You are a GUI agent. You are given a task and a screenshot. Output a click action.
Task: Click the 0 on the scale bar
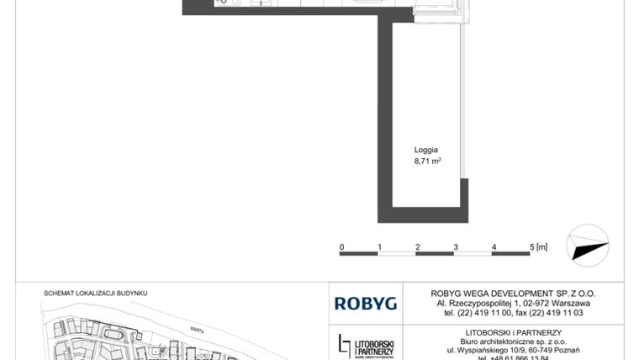[x=341, y=246]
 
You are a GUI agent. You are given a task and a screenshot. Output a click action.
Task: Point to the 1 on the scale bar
[x=380, y=246]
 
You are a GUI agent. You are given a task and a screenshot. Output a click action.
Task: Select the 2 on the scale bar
[x=418, y=246]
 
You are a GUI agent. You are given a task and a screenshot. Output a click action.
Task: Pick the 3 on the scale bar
[x=456, y=246]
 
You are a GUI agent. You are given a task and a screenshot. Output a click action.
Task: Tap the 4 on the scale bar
[x=494, y=246]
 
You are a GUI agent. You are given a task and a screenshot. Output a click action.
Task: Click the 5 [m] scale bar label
[x=538, y=246]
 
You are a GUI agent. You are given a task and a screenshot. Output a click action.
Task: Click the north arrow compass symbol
[x=588, y=245]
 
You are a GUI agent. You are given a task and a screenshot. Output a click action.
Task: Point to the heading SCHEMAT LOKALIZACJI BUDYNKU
[x=95, y=293]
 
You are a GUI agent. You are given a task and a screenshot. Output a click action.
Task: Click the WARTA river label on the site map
[x=198, y=320]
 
